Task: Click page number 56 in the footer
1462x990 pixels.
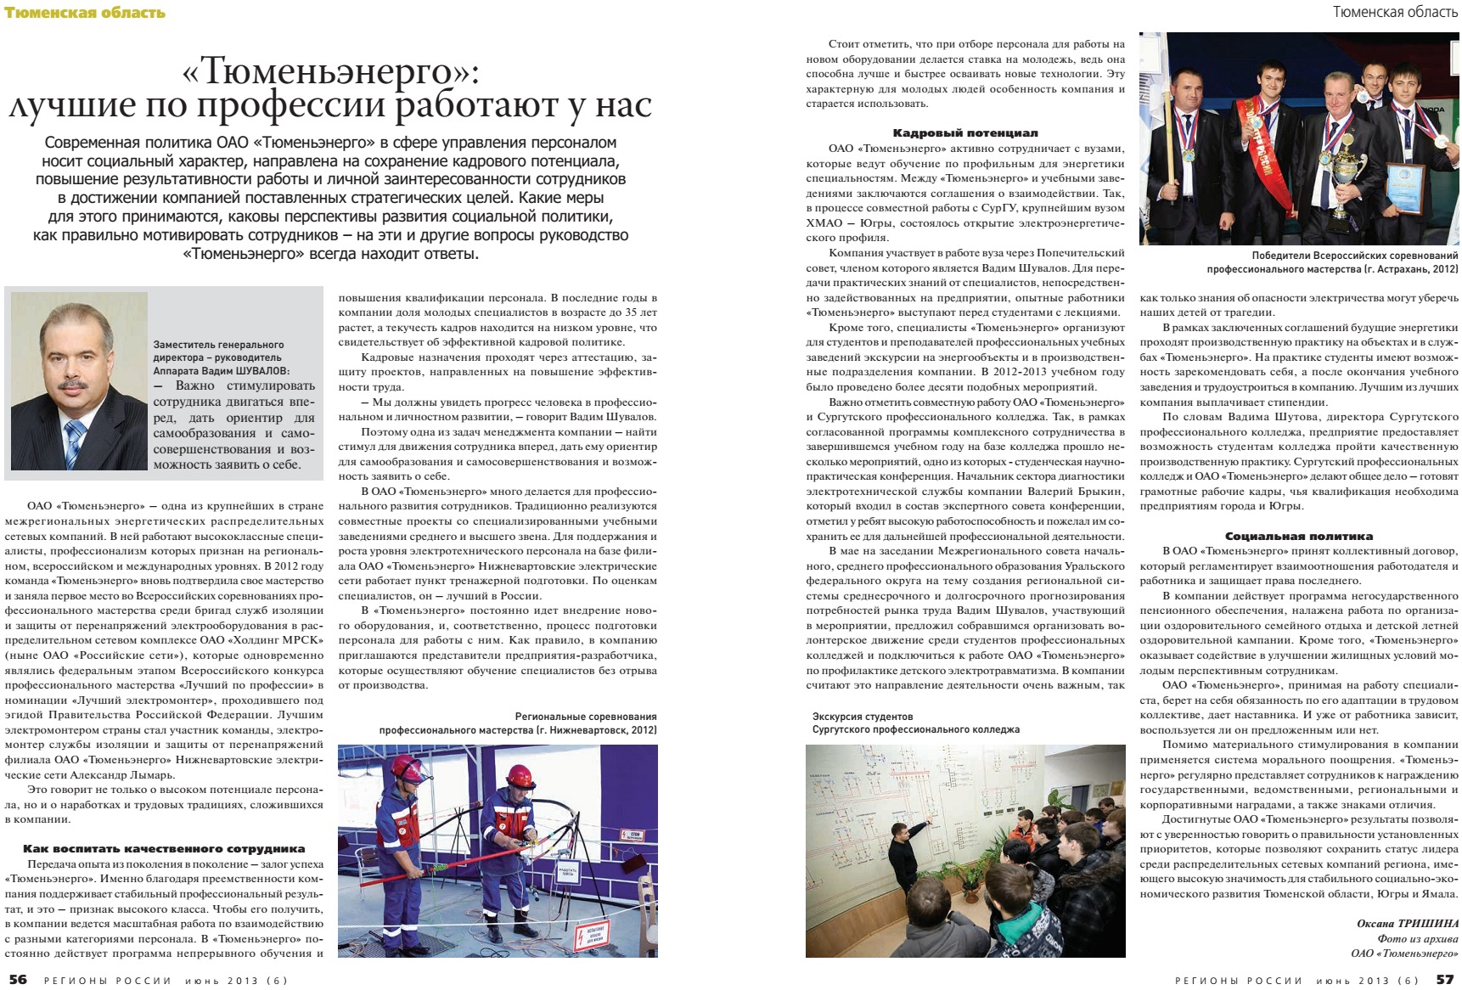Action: coord(18,979)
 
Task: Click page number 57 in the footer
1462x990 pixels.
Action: coord(1445,979)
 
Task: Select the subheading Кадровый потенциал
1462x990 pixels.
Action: coord(964,133)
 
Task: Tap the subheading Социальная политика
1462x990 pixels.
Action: coord(1298,536)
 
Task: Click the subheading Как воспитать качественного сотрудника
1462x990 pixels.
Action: coord(164,848)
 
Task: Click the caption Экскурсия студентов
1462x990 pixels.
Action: coord(862,717)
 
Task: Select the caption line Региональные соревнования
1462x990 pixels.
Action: coord(585,717)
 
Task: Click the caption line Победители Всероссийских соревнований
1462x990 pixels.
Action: coord(1354,256)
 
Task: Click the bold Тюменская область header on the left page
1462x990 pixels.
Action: coord(84,12)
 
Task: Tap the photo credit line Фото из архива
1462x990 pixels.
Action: coord(1417,938)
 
